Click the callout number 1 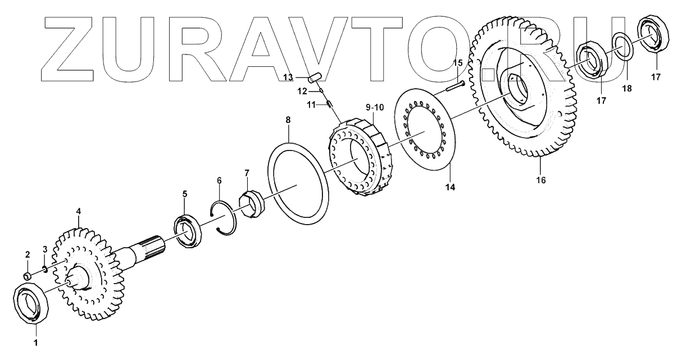click(36, 341)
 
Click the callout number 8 click(288, 120)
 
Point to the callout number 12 click(302, 90)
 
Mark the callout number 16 click(541, 180)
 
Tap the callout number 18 click(628, 89)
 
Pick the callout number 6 click(219, 180)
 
